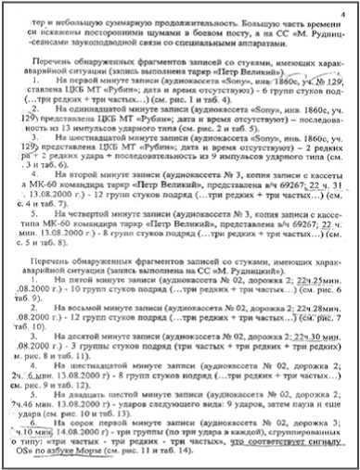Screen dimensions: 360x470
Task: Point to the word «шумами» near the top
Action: pyautogui.click(x=97, y=28)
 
